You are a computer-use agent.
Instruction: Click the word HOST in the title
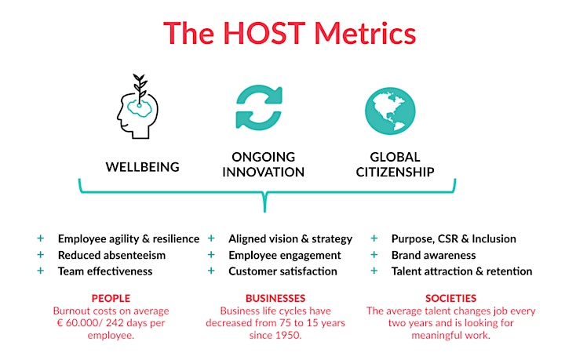(264, 33)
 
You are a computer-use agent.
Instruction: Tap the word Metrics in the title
(365, 33)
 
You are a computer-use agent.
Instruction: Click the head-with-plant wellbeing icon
(137, 106)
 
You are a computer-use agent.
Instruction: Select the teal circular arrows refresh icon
(259, 107)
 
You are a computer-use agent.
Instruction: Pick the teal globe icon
(390, 111)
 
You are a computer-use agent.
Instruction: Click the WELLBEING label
(142, 167)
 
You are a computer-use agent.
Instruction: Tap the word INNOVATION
(264, 172)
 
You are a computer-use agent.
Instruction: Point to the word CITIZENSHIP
(395, 172)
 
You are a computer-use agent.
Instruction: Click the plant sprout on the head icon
(140, 88)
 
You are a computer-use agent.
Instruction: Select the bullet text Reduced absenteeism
(111, 255)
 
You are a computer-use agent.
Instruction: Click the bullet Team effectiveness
(105, 271)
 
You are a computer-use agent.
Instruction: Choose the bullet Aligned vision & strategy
(290, 239)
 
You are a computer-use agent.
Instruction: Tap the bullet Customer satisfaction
(282, 271)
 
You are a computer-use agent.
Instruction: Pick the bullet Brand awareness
(433, 255)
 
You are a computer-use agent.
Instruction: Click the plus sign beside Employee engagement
(211, 255)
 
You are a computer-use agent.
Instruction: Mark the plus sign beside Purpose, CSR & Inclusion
(374, 238)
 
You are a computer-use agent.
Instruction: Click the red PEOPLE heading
(111, 299)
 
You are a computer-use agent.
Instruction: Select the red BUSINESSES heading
(275, 299)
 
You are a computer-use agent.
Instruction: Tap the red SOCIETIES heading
(450, 299)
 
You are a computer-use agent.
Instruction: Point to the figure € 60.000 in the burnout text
(74, 323)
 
